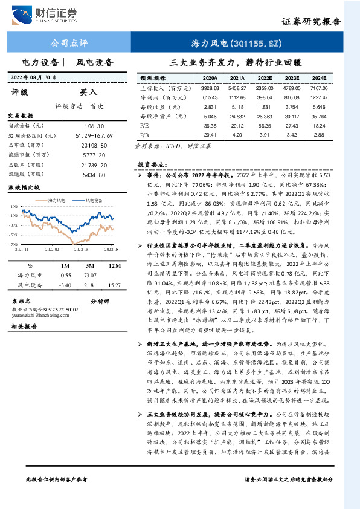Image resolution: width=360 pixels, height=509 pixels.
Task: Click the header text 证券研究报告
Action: point(311,22)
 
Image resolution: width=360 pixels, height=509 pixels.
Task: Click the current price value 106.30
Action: point(96,125)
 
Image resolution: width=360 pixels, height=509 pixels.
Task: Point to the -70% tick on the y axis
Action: point(14,244)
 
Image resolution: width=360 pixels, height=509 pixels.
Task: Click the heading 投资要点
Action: point(152,164)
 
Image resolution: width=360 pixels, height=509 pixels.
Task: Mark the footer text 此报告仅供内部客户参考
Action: point(57,496)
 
